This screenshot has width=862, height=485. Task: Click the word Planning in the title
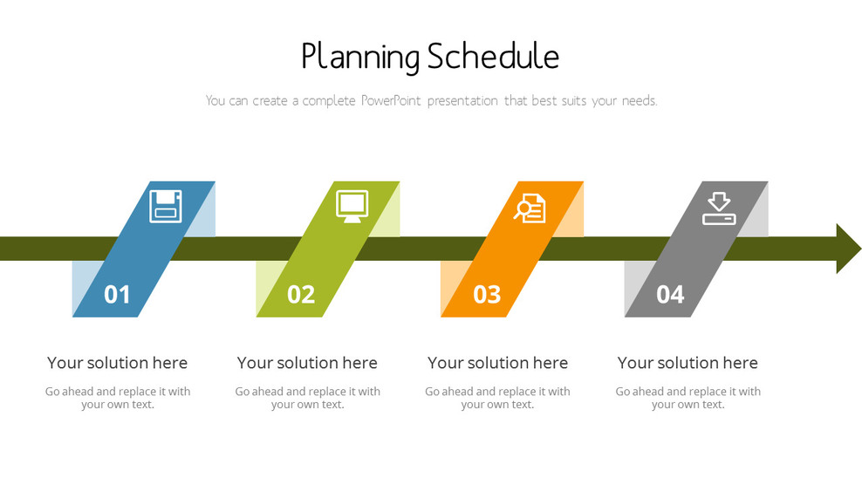tap(359, 58)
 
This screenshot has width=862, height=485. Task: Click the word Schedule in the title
tap(493, 57)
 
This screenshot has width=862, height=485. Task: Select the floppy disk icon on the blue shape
tap(166, 206)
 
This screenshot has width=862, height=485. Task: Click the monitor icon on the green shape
tap(352, 206)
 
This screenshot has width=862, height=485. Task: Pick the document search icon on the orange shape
tap(530, 208)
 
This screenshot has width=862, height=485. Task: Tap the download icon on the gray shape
tap(719, 208)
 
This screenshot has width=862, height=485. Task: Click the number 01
tap(117, 295)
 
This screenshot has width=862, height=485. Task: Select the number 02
tap(301, 295)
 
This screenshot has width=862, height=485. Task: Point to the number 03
tap(487, 295)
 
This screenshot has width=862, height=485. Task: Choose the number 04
tap(670, 295)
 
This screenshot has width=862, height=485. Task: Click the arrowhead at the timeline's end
tap(847, 249)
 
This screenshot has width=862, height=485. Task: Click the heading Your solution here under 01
tap(117, 363)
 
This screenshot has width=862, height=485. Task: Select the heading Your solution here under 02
tap(307, 363)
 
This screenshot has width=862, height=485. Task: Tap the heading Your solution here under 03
tap(497, 363)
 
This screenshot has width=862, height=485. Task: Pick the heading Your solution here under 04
tap(688, 363)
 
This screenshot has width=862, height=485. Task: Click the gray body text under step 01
tap(118, 398)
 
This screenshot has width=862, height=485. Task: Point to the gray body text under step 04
tap(688, 398)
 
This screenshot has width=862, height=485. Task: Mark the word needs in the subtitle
tap(638, 101)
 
